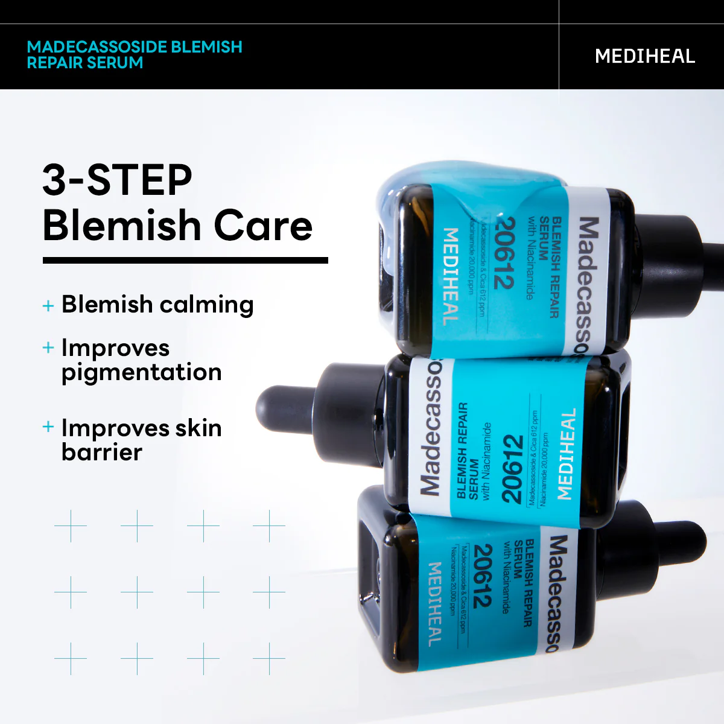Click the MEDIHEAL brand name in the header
[644, 56]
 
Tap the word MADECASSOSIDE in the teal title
[97, 47]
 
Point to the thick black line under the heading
[185, 261]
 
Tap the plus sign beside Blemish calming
[48, 306]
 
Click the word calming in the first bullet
[206, 305]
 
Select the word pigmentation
[141, 373]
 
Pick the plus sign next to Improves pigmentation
[48, 348]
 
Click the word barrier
[102, 453]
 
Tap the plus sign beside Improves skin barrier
[48, 427]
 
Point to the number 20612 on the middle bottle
[512, 469]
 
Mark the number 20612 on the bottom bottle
[483, 576]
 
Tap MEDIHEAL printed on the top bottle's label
[451, 276]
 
